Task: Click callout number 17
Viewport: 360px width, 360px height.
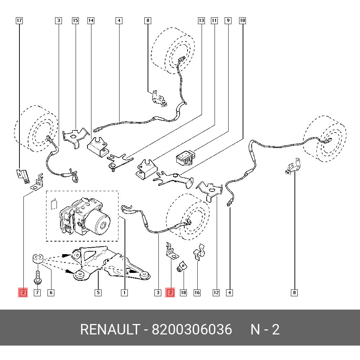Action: [19, 21]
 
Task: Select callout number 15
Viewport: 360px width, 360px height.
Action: [75, 21]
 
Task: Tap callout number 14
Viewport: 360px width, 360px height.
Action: [91, 21]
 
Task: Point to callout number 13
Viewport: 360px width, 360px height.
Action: [201, 21]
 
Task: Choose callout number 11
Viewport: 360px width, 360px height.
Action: [214, 21]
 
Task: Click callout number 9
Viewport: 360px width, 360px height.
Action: [228, 21]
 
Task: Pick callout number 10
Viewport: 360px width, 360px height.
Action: [242, 21]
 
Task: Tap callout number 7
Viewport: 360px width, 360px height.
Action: [37, 293]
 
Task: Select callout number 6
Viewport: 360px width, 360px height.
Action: [51, 293]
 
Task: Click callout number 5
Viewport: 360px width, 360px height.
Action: [98, 293]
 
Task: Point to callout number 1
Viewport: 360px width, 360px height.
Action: [124, 293]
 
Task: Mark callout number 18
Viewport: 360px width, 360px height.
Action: [183, 293]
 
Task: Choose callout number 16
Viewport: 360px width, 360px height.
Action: [197, 293]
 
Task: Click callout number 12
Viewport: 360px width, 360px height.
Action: [216, 293]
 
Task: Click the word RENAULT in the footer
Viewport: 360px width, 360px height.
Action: [109, 329]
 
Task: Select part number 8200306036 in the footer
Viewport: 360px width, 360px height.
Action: [192, 329]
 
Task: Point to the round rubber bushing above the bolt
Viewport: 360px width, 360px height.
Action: [37, 258]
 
